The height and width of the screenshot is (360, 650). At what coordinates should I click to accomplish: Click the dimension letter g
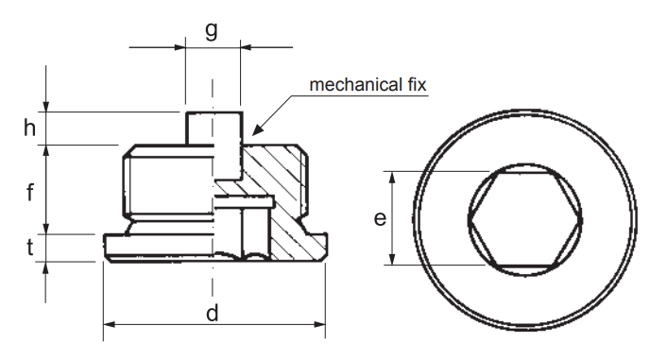(212, 30)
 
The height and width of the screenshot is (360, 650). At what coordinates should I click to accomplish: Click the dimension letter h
(29, 128)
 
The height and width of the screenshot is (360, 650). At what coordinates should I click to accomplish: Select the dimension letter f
(29, 193)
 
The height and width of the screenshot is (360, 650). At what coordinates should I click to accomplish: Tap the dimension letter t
(30, 248)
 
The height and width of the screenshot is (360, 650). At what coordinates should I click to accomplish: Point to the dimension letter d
(212, 313)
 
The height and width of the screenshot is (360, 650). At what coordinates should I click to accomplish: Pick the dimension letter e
(380, 218)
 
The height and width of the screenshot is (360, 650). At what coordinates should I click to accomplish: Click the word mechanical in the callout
(353, 85)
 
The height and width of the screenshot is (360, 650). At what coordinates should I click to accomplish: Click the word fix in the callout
(415, 85)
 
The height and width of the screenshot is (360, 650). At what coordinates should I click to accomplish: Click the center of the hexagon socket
(525, 219)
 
